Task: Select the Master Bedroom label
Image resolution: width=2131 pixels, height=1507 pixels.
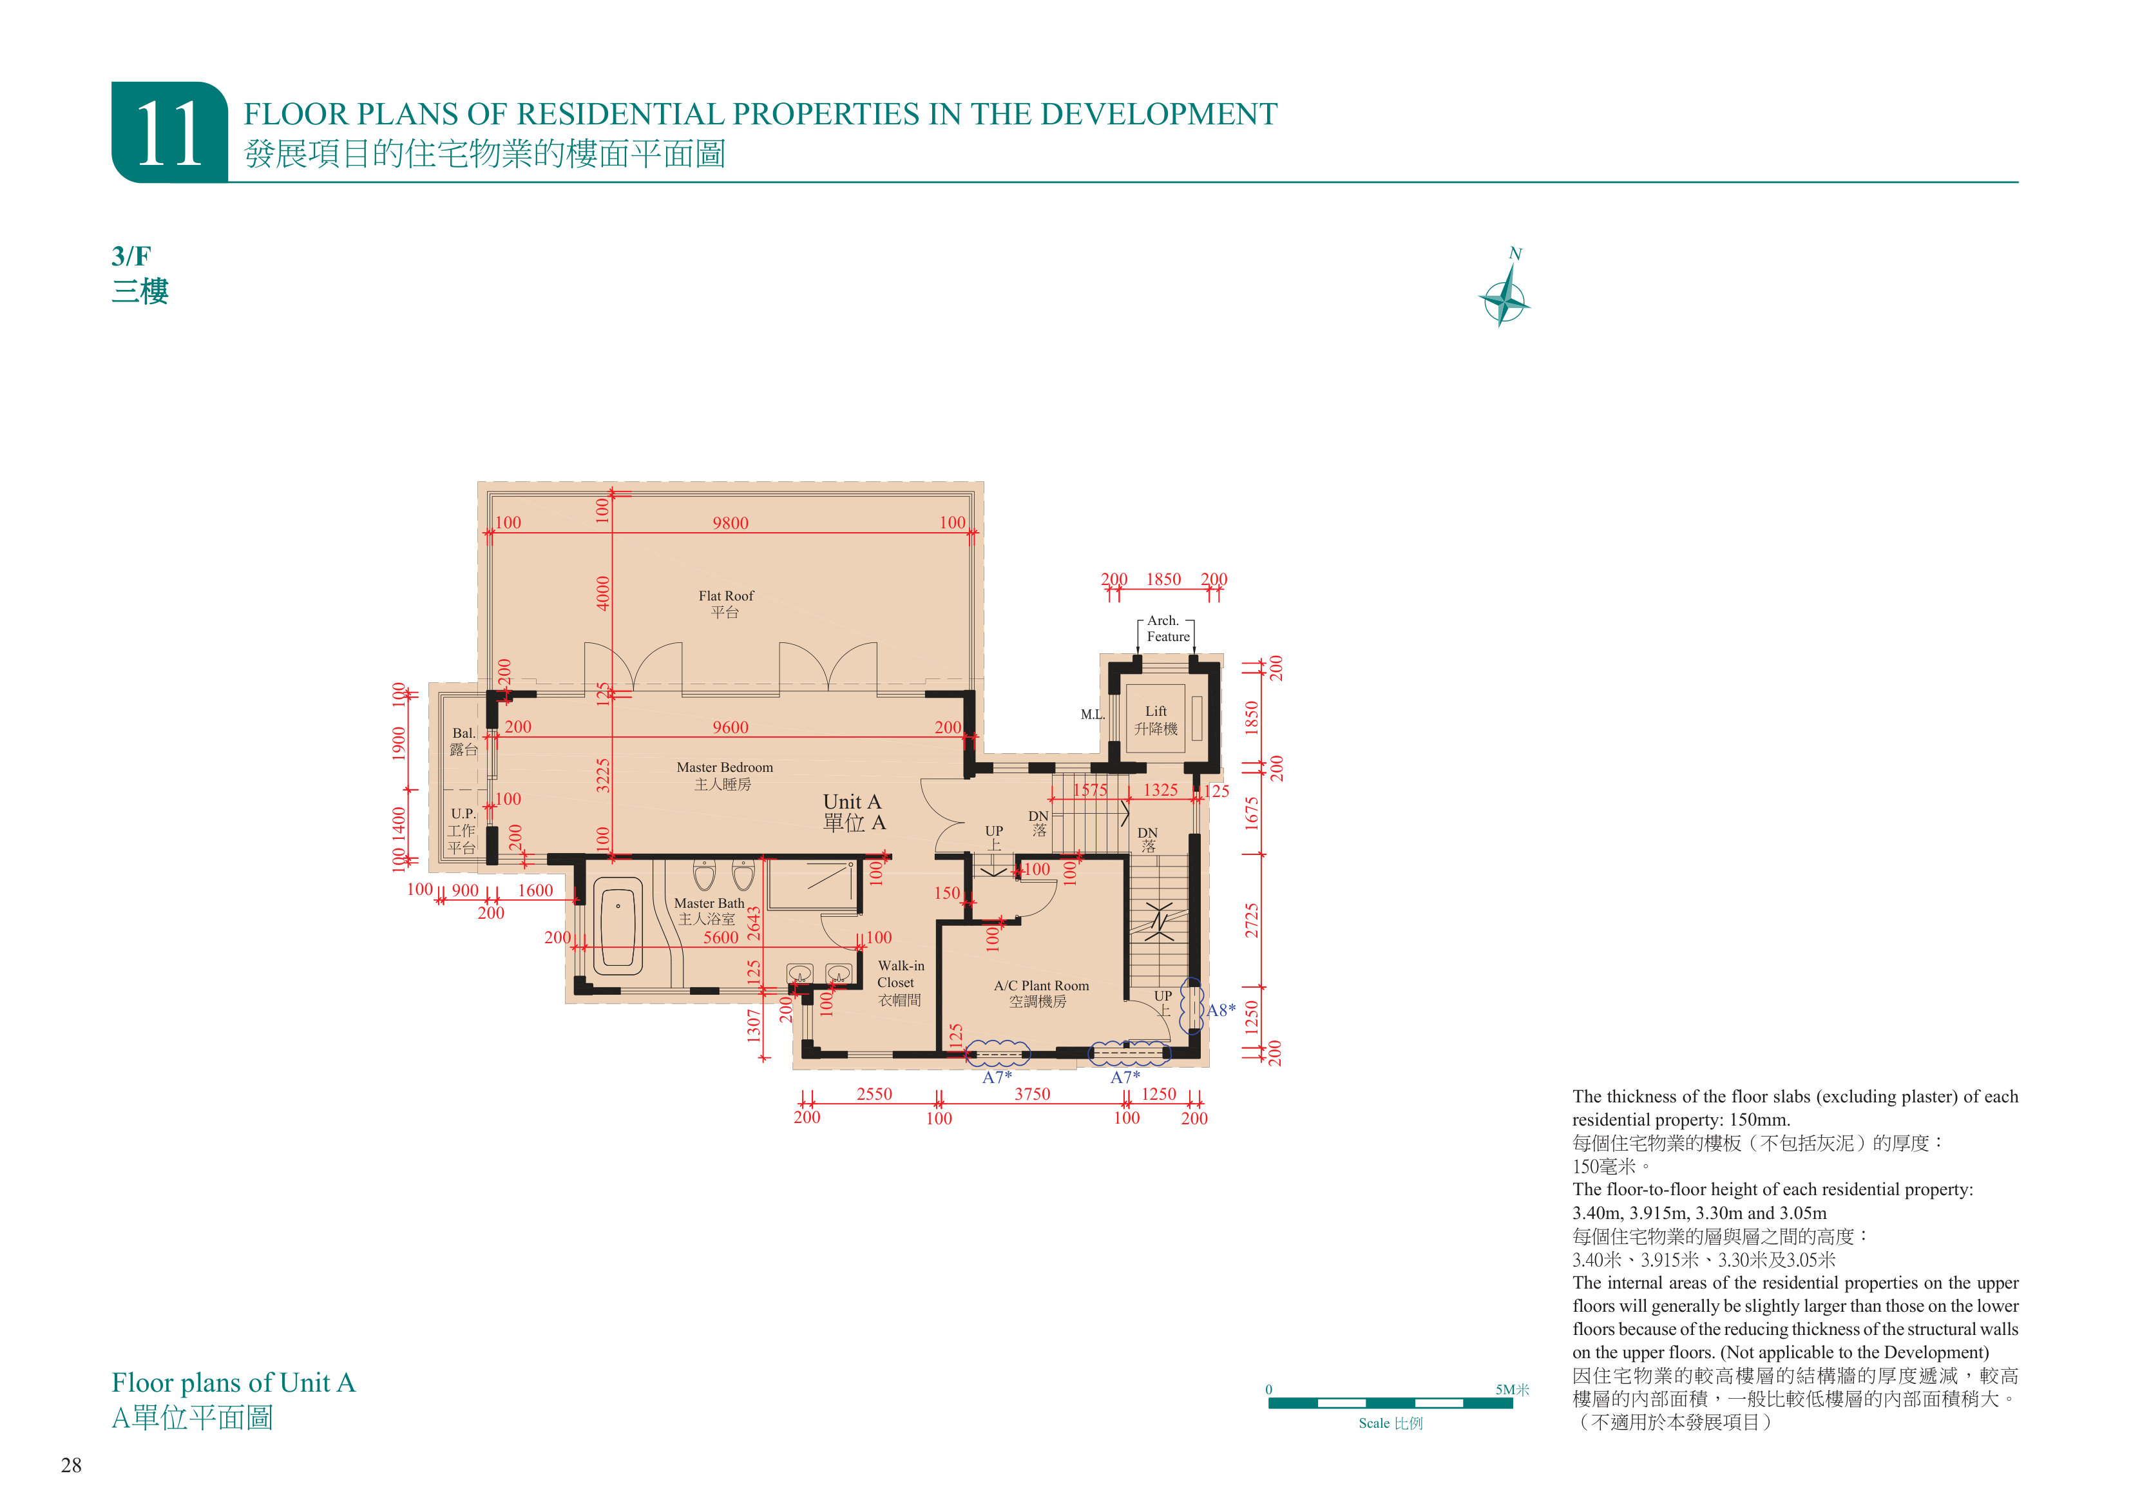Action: pyautogui.click(x=724, y=775)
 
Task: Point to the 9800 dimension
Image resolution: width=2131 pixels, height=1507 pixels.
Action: pyautogui.click(x=731, y=523)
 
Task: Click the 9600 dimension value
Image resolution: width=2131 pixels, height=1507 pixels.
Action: pyautogui.click(x=731, y=727)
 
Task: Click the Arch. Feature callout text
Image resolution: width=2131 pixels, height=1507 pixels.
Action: pyautogui.click(x=1167, y=629)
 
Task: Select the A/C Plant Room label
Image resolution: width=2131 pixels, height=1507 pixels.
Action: pyautogui.click(x=1040, y=993)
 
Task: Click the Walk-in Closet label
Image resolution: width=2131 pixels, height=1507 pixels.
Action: pyautogui.click(x=901, y=983)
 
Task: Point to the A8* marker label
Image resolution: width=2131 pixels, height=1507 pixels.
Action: pyautogui.click(x=1221, y=1010)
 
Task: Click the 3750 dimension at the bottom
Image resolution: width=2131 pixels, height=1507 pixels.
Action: pyautogui.click(x=1032, y=1094)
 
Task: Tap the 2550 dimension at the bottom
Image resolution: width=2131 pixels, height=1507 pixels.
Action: pyautogui.click(x=874, y=1094)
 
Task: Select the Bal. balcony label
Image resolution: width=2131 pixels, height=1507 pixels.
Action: pyautogui.click(x=463, y=741)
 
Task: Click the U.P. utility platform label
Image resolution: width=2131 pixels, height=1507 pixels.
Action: pyautogui.click(x=463, y=830)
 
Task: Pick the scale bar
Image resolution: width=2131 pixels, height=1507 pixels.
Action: pyautogui.click(x=1390, y=1402)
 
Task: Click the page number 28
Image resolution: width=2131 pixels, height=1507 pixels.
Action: pyautogui.click(x=72, y=1465)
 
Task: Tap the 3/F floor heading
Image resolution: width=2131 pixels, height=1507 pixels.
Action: pyautogui.click(x=131, y=255)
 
